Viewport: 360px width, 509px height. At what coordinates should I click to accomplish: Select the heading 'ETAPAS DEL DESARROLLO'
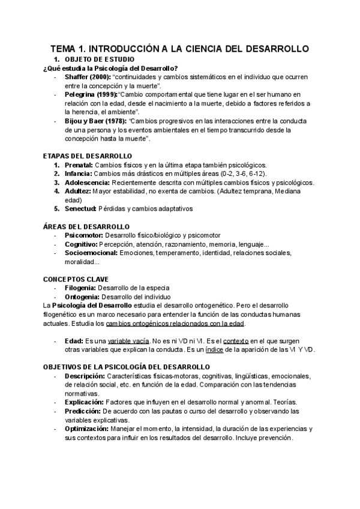click(88, 156)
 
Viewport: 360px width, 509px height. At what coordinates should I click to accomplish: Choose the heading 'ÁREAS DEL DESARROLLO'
click(86, 226)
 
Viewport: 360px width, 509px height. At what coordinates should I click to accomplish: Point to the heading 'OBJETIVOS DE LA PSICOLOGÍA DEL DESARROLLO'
click(126, 367)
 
